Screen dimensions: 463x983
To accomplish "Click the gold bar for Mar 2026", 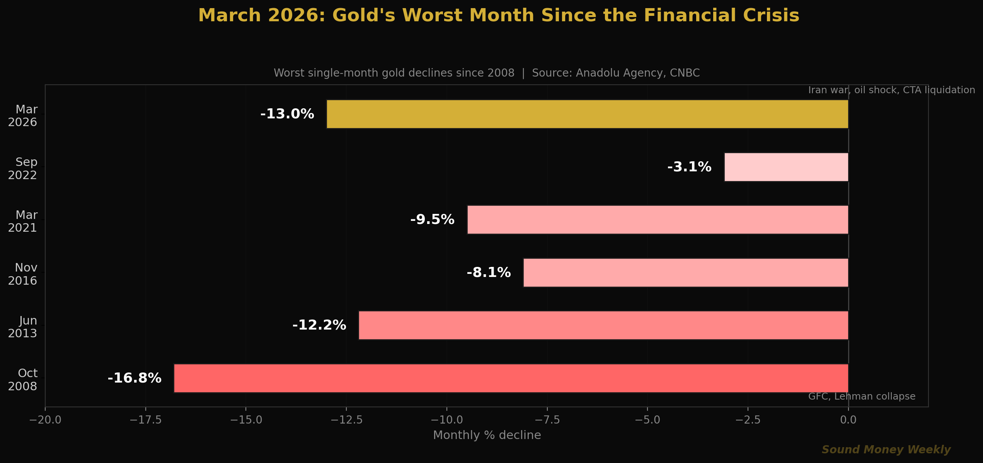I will (x=587, y=114).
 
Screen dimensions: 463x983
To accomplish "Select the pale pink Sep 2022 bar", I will (x=786, y=167).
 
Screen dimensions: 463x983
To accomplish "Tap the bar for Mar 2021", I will (x=658, y=220).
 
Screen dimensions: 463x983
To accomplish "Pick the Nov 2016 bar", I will (x=686, y=273).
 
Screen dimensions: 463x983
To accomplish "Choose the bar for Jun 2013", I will (x=603, y=325).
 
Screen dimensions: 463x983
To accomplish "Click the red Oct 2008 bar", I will (x=511, y=378).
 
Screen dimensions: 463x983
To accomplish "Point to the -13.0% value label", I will (x=287, y=114).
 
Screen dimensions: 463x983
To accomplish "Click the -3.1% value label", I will (x=689, y=167).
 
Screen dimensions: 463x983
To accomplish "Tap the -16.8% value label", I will (x=135, y=378).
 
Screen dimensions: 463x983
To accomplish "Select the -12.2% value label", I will (x=319, y=325).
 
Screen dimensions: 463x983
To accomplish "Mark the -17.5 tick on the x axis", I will (x=145, y=420).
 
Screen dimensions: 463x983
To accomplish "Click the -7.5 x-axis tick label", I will (x=547, y=420).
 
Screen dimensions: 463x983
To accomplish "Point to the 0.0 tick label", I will (x=848, y=420).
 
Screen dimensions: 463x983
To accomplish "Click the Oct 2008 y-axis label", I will (x=23, y=380).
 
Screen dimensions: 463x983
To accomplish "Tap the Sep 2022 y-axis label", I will (x=23, y=169).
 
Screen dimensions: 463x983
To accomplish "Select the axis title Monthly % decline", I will (x=487, y=435).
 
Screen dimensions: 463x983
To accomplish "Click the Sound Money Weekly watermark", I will (x=886, y=450).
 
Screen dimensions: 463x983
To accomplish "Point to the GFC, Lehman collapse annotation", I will (x=862, y=396).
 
